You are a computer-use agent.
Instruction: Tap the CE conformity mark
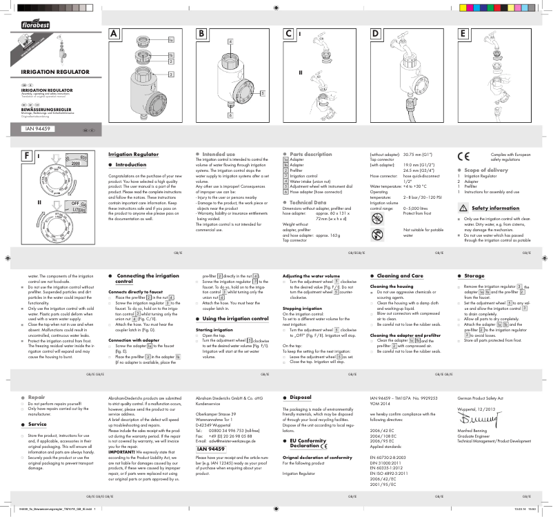pos(463,157)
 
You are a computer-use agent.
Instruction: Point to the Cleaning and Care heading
pos(405,275)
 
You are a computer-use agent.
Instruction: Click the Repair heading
pos(37,398)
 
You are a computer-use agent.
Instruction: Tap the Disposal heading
pos(301,398)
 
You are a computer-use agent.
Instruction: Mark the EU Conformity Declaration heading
pos(308,442)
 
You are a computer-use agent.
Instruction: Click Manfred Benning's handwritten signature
pos(475,419)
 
